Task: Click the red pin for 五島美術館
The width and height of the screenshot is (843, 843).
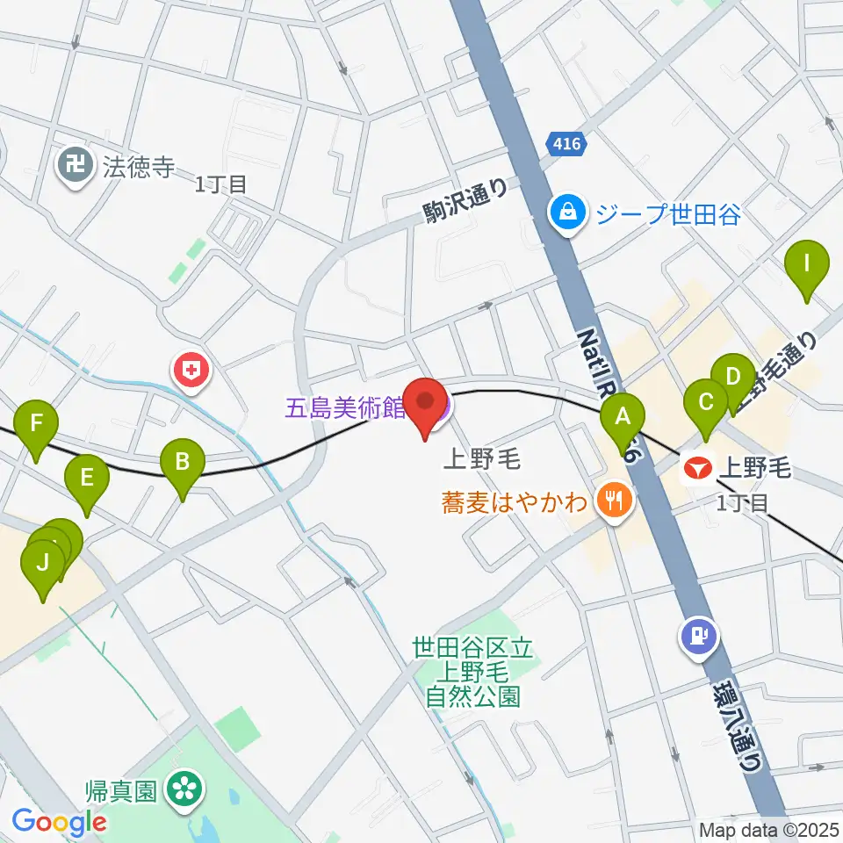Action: coord(427,405)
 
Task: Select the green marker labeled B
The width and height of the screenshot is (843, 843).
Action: coord(182,463)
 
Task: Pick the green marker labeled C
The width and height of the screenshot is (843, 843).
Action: coord(705,405)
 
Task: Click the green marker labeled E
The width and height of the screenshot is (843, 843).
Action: coord(87,479)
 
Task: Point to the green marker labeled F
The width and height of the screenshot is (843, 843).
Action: coord(36,425)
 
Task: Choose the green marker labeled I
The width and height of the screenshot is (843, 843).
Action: coord(806,265)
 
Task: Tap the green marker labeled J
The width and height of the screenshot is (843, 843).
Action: coord(42,565)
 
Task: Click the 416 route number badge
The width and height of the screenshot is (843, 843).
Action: coord(566,144)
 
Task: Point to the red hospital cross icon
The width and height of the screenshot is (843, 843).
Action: coord(191,371)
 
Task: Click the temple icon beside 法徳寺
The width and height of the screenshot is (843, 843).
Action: coord(76,166)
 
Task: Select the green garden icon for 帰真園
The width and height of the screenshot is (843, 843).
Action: coord(185,788)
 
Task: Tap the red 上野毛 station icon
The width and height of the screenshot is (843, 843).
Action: coord(698,470)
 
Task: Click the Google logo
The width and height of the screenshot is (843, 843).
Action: coord(59,821)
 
